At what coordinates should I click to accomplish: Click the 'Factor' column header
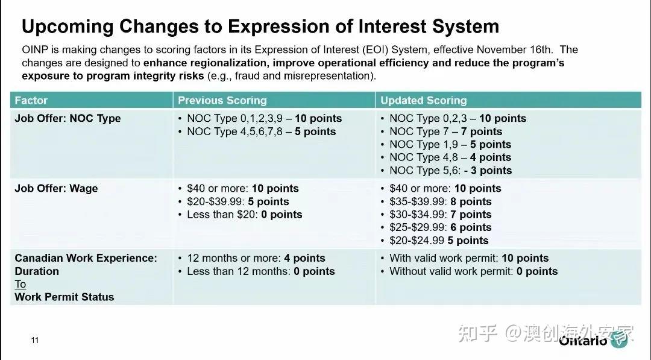click(31, 100)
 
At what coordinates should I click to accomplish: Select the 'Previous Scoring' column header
click(222, 100)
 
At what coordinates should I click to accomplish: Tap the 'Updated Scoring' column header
click(423, 100)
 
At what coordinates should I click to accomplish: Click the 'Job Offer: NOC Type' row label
click(68, 118)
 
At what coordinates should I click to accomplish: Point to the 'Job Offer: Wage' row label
click(56, 188)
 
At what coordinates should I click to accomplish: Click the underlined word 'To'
click(20, 284)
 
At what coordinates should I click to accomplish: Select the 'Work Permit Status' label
click(64, 297)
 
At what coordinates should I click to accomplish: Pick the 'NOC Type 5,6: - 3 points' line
click(450, 171)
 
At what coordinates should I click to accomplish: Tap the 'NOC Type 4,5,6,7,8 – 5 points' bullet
click(261, 131)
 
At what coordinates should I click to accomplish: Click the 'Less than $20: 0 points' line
click(244, 214)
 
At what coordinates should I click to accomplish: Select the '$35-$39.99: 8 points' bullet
click(440, 201)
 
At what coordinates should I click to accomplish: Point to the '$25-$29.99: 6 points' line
click(440, 227)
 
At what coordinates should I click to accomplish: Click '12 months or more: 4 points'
click(256, 258)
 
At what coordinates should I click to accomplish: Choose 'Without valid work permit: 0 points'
click(473, 271)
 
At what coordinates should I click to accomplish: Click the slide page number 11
click(34, 341)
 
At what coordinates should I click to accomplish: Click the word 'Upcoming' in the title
click(66, 27)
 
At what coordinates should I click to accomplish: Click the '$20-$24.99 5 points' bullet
click(439, 241)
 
